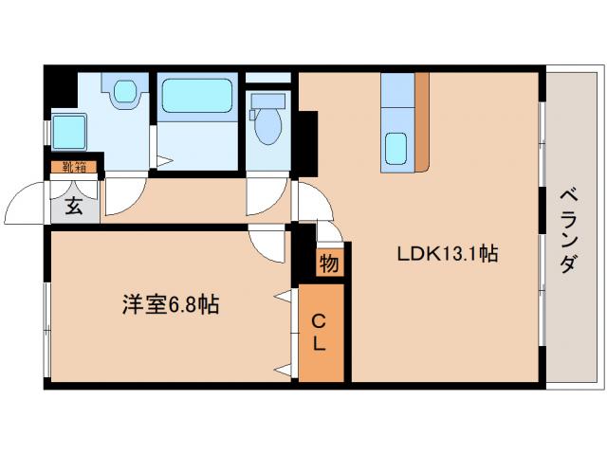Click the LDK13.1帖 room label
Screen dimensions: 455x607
449,255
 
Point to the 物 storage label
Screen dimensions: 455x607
328,264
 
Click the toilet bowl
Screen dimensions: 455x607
268,126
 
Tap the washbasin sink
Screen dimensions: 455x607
125,92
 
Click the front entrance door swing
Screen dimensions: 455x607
27,201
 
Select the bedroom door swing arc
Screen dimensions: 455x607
267,245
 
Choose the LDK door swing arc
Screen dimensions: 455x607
313,200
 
